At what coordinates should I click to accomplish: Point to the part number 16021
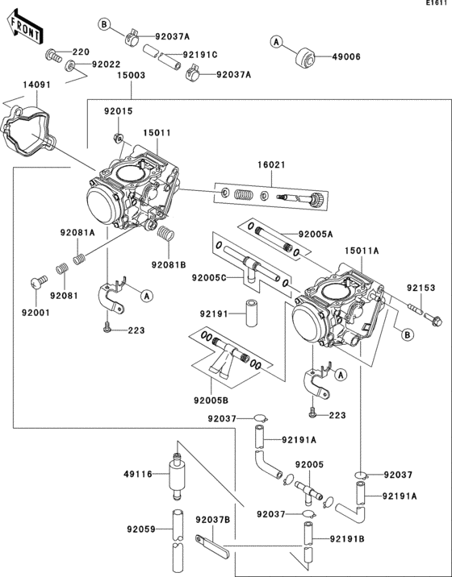271,164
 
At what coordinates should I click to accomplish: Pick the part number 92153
421,287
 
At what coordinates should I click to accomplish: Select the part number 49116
138,474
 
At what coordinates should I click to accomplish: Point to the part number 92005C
209,277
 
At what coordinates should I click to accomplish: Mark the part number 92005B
211,397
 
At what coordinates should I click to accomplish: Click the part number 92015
118,110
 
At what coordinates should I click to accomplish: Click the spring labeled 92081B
165,236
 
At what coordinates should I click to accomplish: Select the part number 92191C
199,55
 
